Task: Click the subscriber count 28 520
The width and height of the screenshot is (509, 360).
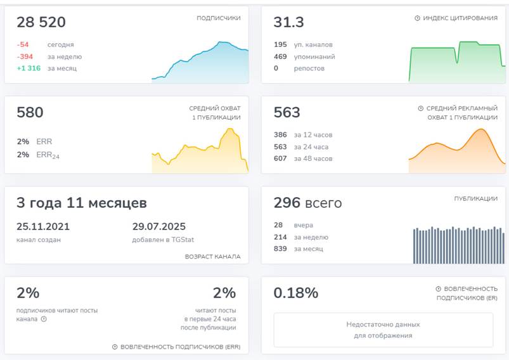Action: (41, 23)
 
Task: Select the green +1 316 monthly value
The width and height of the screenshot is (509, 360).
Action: (29, 68)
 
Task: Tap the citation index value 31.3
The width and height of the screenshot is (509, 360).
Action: (288, 23)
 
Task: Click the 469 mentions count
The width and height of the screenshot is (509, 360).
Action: (280, 56)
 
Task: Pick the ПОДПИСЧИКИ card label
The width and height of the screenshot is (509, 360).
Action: (218, 18)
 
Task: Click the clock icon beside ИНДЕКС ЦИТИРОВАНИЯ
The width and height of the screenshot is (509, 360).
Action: (417, 18)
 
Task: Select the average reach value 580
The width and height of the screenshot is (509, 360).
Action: (30, 113)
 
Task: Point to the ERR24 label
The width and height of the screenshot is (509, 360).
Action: (48, 155)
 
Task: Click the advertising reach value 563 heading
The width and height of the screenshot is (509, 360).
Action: (287, 113)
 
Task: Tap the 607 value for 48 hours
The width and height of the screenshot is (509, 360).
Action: (280, 158)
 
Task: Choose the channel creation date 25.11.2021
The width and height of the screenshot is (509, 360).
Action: (43, 227)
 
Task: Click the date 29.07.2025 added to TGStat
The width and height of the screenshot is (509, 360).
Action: (158, 227)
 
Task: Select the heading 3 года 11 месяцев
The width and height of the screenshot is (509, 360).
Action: (82, 203)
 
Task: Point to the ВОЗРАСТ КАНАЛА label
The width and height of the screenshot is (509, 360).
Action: (212, 257)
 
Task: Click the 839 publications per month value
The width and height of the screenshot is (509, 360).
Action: (280, 248)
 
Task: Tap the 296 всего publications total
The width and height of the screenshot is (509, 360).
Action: (307, 203)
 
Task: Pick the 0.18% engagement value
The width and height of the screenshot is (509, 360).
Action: (296, 293)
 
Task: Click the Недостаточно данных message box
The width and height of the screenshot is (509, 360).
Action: (383, 330)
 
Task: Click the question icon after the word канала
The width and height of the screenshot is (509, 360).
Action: (44, 319)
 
